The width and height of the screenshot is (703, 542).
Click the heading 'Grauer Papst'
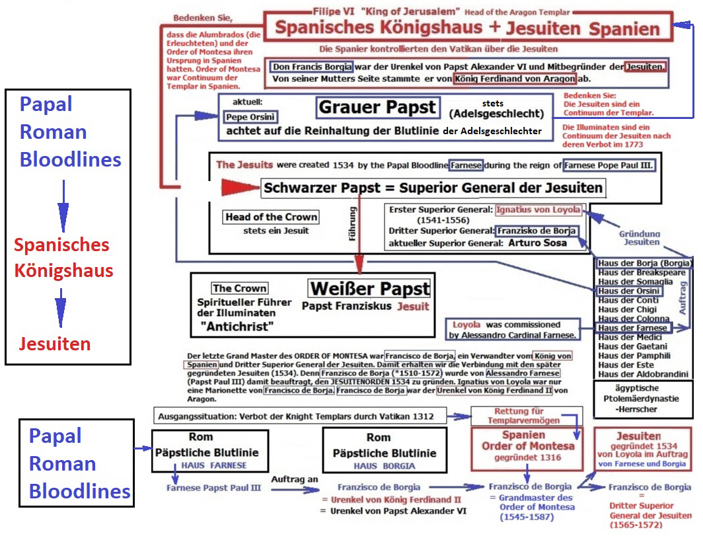[377, 107]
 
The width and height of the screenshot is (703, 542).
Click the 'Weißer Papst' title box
[369, 289]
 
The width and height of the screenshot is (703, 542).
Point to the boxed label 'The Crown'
[239, 288]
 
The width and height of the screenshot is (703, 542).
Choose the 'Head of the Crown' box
[271, 217]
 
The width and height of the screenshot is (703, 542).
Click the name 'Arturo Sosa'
[537, 243]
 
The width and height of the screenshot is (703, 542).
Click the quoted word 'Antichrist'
[237, 326]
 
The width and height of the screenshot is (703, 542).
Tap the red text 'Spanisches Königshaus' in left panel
[63, 257]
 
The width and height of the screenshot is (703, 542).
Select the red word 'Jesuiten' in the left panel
[55, 344]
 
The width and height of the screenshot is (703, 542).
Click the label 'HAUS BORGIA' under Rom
[379, 466]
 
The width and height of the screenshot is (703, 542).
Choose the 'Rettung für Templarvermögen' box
[527, 416]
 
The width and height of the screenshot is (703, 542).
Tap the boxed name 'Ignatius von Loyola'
[538, 210]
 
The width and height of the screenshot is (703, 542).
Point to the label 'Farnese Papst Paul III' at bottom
[213, 488]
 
